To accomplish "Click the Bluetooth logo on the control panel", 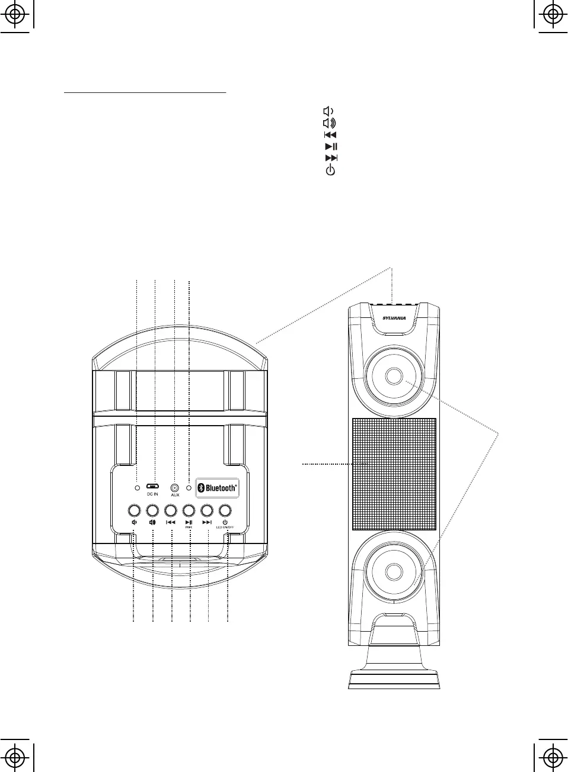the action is (x=218, y=488).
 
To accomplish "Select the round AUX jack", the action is (x=175, y=487).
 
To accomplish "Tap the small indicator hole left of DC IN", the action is (x=138, y=488).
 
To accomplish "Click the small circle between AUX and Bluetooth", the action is (x=189, y=488).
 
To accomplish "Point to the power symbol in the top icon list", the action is (x=330, y=170).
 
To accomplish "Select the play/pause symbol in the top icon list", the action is (x=331, y=146).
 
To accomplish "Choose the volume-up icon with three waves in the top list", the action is (x=329, y=123).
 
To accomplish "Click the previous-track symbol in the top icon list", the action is (x=330, y=135).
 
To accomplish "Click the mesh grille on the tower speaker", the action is (x=394, y=474).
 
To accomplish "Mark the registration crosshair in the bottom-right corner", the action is (x=552, y=757).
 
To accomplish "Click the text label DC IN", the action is (x=152, y=494).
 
